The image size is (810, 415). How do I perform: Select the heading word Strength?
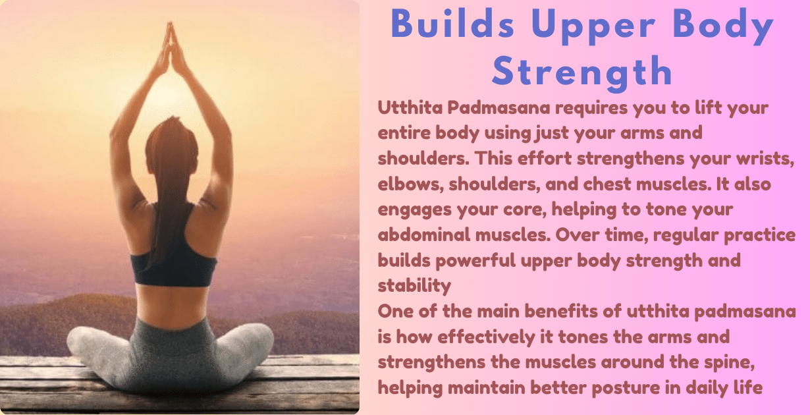pos(582,71)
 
